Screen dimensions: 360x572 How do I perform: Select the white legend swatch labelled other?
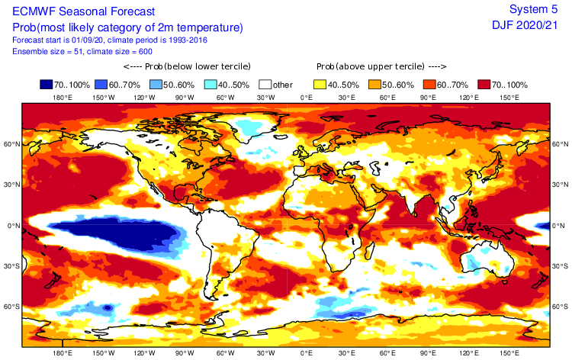click(x=266, y=85)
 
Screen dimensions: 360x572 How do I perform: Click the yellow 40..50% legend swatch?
click(x=321, y=85)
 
